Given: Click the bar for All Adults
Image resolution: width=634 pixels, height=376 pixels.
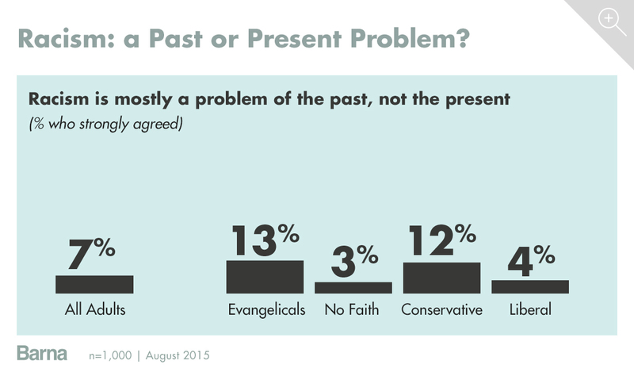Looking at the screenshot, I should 94,284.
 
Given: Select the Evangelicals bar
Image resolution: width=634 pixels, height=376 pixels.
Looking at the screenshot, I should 265,277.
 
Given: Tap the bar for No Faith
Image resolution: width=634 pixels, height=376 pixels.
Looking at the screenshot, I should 353,287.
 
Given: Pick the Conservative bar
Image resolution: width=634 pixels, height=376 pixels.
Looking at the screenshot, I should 441,278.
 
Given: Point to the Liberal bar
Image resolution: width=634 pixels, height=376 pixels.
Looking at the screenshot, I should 529,286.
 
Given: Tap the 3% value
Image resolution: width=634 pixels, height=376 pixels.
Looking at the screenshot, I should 353,259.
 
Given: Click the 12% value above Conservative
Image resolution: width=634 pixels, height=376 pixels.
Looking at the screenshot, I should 441,240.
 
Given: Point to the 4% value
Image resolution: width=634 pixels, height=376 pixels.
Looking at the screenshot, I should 529,258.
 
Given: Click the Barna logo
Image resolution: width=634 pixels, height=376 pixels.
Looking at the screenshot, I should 42,353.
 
